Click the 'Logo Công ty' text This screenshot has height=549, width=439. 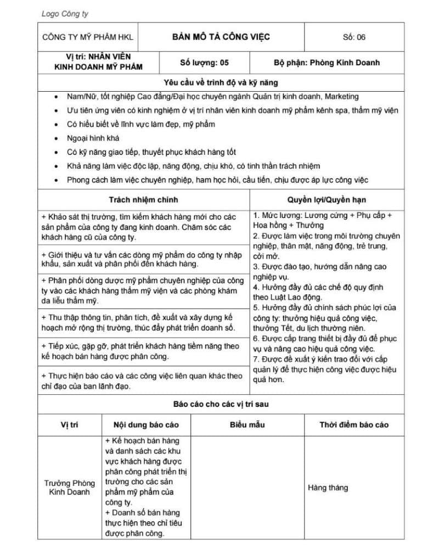pyautogui.click(x=65, y=14)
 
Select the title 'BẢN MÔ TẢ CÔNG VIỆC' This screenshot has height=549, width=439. pyautogui.click(x=221, y=37)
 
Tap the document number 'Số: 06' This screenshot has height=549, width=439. pyautogui.click(x=353, y=37)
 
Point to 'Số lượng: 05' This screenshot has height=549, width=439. pyautogui.click(x=205, y=63)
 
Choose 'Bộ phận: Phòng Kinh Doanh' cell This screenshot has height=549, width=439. pyautogui.click(x=327, y=63)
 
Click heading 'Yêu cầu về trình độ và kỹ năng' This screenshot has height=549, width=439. pyautogui.click(x=221, y=83)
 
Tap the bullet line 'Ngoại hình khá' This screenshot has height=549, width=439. pyautogui.click(x=93, y=138)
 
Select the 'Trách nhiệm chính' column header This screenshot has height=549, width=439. pyautogui.click(x=143, y=200)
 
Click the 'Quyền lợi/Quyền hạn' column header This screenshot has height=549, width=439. pyautogui.click(x=327, y=200)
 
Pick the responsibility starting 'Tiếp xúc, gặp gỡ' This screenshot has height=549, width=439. pyautogui.click(x=140, y=351)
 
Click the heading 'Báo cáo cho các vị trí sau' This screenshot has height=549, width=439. pyautogui.click(x=221, y=404)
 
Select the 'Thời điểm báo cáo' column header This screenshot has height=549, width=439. pyautogui.click(x=354, y=425)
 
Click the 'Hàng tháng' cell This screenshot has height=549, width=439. pyautogui.click(x=328, y=488)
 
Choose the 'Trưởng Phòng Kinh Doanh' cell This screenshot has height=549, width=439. pyautogui.click(x=70, y=488)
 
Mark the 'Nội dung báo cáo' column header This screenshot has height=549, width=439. pyautogui.click(x=146, y=425)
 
